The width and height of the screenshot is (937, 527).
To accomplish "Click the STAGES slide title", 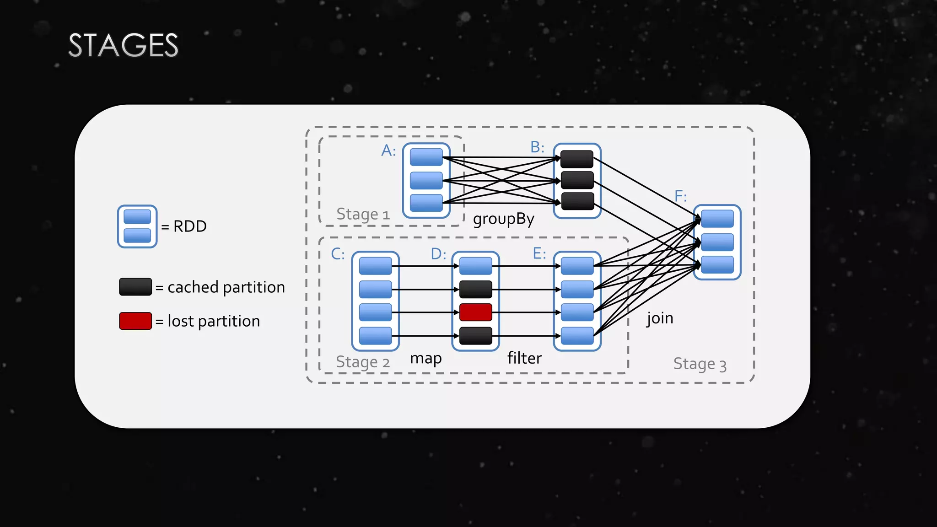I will point(123,45).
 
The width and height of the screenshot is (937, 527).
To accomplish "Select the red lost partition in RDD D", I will point(475,312).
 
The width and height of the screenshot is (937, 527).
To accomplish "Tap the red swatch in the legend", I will point(135,321).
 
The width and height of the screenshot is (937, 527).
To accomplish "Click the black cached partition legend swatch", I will point(135,287).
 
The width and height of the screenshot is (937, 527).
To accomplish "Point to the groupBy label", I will point(503,219).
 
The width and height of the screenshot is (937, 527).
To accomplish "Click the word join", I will point(660,318).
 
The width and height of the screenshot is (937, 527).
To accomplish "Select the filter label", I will point(524,358).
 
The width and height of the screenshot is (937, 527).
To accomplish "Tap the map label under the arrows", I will point(425,358).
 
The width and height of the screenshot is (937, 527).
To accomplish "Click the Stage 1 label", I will point(363,214).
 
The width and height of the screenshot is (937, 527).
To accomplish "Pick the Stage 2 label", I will point(362,362).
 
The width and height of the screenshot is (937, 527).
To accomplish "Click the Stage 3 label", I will point(700,364).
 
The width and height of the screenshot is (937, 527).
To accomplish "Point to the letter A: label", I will point(388,150).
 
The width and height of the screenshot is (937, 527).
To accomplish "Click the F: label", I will point(680,196).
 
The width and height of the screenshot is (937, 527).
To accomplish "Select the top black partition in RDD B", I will point(577,159).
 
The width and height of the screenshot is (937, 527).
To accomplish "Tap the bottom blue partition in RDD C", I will point(375,336).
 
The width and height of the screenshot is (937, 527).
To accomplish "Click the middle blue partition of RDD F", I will point(717,242).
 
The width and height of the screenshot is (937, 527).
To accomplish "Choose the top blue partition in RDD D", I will point(475,266).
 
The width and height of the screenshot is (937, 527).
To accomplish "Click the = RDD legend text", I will point(184,226).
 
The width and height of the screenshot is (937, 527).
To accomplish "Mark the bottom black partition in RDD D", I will point(475,336).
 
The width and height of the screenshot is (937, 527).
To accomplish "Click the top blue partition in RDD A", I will point(426,157).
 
